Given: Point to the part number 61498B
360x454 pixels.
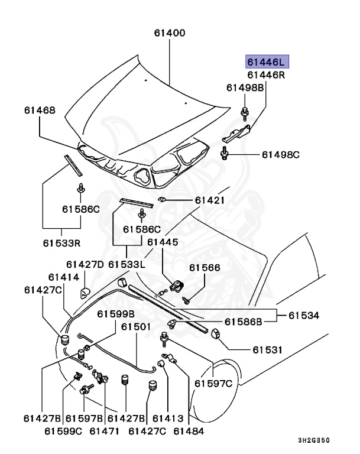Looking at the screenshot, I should [x=245, y=88].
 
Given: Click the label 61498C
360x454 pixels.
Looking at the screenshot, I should [x=281, y=155].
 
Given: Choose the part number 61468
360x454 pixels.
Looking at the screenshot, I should [x=40, y=110].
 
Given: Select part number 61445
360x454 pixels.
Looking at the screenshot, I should [x=163, y=242].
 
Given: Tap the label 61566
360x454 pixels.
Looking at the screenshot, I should [x=205, y=268].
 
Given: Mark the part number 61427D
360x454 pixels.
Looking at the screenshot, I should [x=85, y=264].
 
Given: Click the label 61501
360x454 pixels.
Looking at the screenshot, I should [x=137, y=326].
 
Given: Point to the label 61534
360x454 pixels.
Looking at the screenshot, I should [x=304, y=315].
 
